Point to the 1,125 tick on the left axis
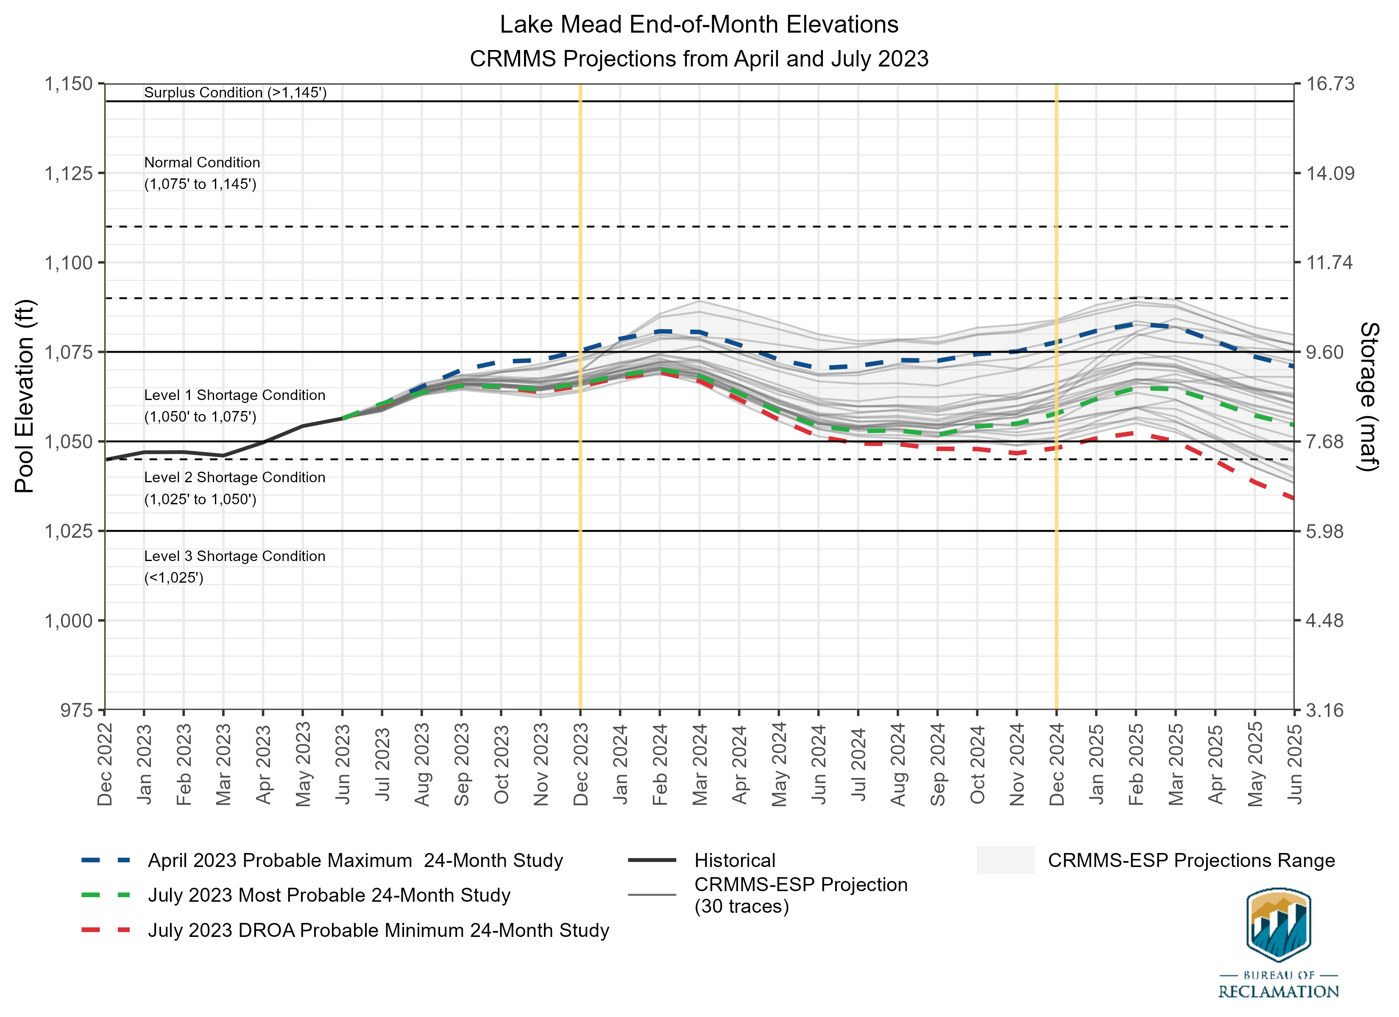coord(68,173)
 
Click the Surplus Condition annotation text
coord(235,92)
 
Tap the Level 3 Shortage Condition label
coord(234,556)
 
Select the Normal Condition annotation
coord(202,163)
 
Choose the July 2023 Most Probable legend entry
coord(329,895)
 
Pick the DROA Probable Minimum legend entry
coord(378,930)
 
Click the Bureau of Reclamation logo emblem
coord(1278,925)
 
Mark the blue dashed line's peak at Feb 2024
coord(660,332)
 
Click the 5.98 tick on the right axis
coord(1324,531)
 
